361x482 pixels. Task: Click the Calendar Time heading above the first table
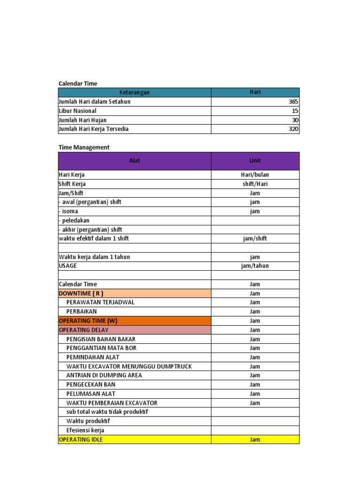click(78, 83)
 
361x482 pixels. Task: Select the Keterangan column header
click(134, 92)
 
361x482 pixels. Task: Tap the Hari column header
click(255, 92)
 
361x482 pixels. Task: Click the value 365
click(293, 102)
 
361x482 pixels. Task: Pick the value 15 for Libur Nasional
click(295, 111)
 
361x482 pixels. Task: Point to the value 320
click(293, 129)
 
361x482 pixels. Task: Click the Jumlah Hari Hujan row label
click(82, 120)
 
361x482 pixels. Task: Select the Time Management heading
click(84, 147)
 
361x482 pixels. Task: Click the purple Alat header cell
click(134, 161)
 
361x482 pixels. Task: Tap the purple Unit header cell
click(255, 161)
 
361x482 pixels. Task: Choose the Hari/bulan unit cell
click(255, 175)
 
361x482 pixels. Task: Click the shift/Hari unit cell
click(255, 184)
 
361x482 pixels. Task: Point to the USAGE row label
click(68, 266)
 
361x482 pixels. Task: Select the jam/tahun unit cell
click(255, 266)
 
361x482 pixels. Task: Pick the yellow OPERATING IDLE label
click(80, 440)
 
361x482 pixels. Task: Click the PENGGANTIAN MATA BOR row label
click(102, 348)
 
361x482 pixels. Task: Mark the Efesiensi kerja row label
click(85, 430)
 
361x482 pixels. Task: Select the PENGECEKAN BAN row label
click(91, 385)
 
